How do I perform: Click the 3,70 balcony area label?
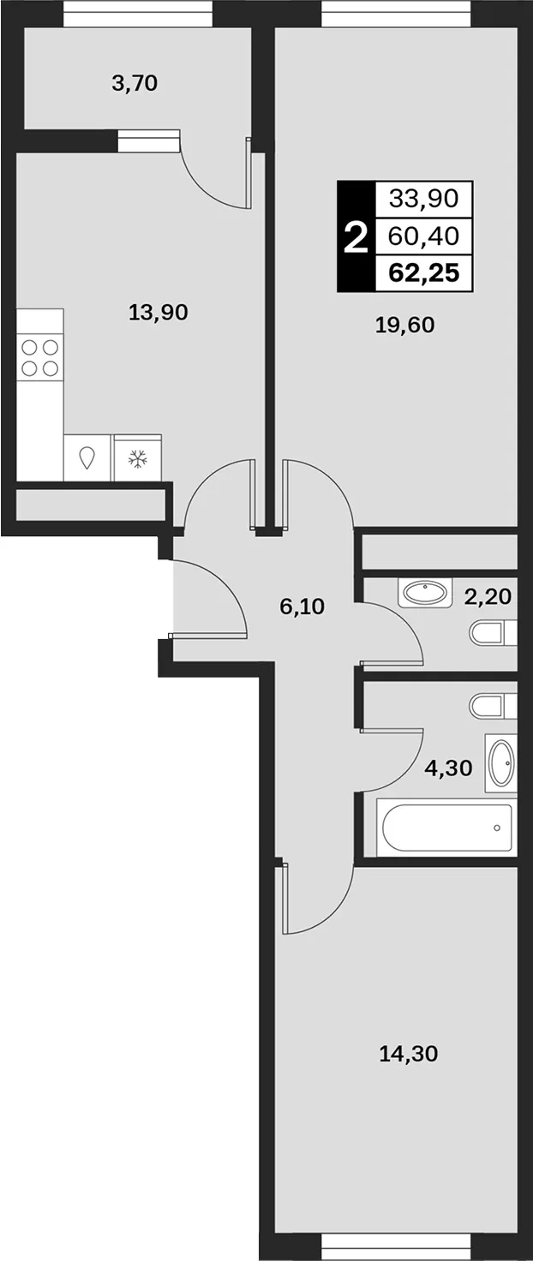[x=135, y=84]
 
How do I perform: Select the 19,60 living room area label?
[x=405, y=325]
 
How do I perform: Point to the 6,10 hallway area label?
[x=302, y=607]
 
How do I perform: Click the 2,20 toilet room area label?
[x=488, y=596]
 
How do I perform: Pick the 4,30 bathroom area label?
[x=448, y=768]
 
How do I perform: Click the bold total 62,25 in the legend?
[x=425, y=272]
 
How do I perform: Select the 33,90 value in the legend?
[x=424, y=198]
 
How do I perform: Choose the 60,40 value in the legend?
[x=424, y=236]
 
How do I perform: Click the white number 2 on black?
[x=356, y=237]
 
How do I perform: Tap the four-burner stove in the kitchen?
[x=40, y=358]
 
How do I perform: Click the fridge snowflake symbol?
[x=137, y=457]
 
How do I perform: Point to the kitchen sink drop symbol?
[x=87, y=457]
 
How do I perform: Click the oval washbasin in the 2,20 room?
[x=424, y=593]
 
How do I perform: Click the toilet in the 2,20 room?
[x=493, y=634]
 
